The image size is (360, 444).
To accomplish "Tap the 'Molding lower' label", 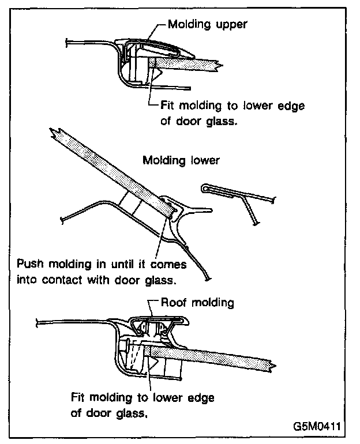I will tap(181, 160).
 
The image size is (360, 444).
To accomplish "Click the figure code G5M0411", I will tap(316, 427).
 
